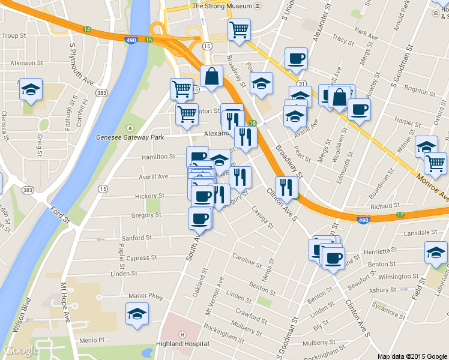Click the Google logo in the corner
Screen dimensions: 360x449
click(22, 350)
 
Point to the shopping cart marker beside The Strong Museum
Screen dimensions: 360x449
click(239, 30)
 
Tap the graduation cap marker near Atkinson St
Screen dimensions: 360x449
click(31, 90)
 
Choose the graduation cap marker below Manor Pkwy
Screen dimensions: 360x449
click(137, 314)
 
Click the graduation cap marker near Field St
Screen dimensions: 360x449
click(436, 253)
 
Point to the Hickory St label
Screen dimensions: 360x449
click(149, 196)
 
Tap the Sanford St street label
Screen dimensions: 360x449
click(137, 238)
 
